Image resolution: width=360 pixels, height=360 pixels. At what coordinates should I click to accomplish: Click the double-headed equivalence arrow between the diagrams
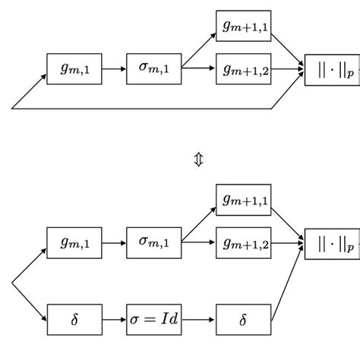[198, 159]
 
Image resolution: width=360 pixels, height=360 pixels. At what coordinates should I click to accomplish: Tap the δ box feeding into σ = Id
[74, 319]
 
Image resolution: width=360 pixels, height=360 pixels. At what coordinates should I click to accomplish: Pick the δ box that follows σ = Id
[243, 319]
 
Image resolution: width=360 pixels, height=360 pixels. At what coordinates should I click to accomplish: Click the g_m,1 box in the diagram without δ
[74, 68]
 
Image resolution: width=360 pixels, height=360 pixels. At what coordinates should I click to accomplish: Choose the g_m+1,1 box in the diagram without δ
[243, 26]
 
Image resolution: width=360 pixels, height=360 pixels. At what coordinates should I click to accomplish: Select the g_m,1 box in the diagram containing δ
[74, 243]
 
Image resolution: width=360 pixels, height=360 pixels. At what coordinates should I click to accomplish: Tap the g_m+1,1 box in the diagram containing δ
[243, 200]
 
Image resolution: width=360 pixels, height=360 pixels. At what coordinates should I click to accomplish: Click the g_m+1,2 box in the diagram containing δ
[243, 243]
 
